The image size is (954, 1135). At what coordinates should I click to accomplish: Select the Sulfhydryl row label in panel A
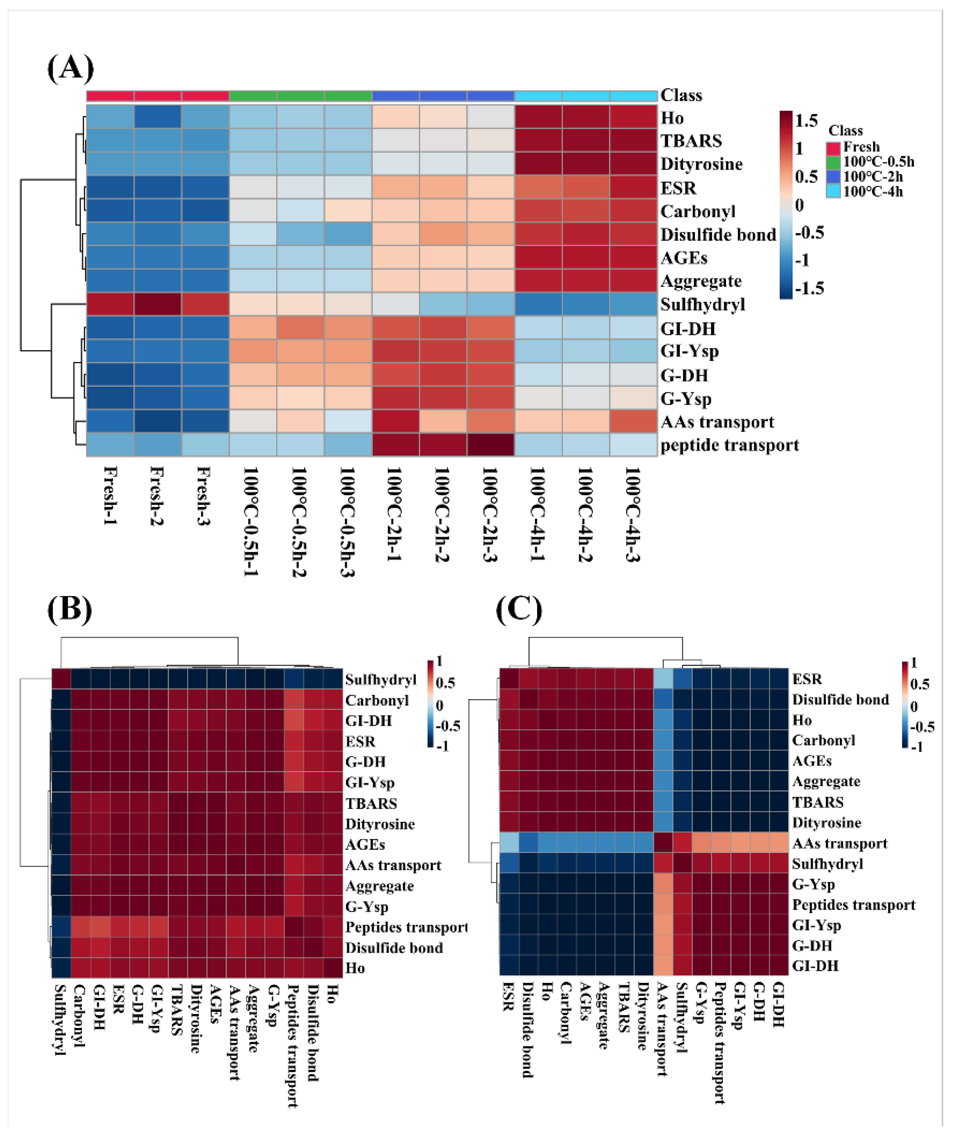click(x=702, y=305)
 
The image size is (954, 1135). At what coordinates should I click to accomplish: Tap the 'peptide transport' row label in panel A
click(x=729, y=445)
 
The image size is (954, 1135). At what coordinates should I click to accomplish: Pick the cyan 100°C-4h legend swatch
click(x=834, y=191)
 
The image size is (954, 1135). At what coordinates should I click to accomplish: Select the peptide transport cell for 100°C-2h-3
click(x=490, y=445)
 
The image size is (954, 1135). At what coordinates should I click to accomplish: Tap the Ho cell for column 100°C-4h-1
click(x=538, y=117)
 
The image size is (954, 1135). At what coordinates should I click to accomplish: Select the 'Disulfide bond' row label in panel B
click(x=394, y=948)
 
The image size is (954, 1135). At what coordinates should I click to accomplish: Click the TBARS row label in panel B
click(x=371, y=803)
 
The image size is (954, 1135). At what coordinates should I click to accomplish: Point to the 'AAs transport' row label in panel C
click(x=839, y=843)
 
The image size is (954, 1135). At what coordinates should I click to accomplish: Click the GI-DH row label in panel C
click(x=815, y=966)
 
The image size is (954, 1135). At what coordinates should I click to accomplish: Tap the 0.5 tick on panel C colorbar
click(x=919, y=684)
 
